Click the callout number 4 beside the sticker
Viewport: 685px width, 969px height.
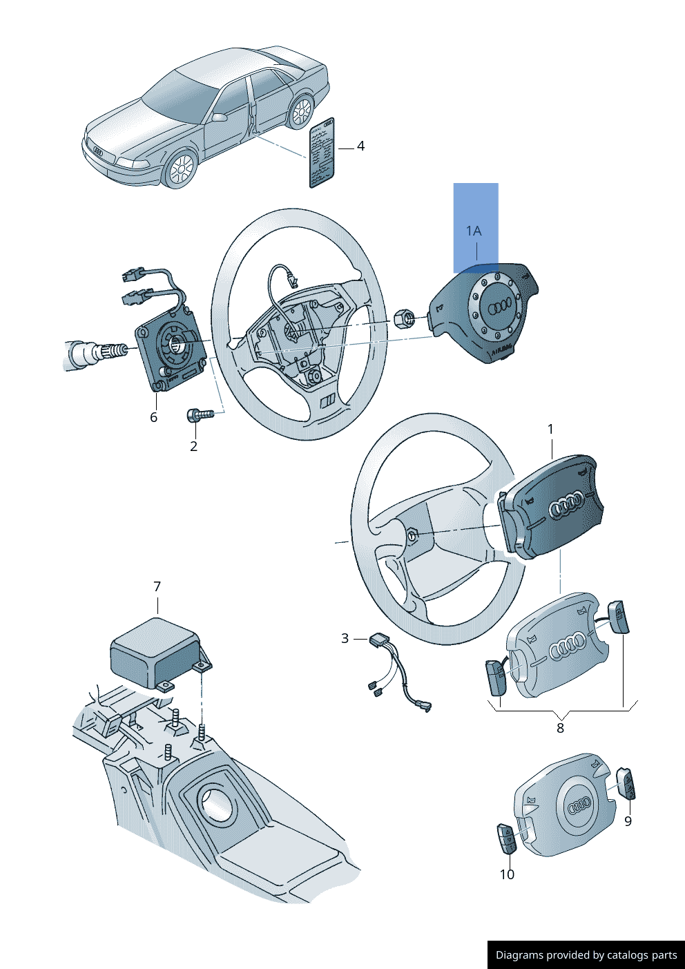[360, 146]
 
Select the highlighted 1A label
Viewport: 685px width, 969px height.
[474, 231]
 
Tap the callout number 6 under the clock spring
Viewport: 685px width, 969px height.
[153, 417]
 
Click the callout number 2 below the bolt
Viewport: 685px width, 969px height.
[193, 446]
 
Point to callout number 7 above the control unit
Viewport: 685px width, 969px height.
[157, 586]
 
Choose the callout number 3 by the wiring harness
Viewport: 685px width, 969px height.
[345, 639]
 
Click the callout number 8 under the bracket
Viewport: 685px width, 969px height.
[560, 728]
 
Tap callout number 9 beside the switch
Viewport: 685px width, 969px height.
[628, 821]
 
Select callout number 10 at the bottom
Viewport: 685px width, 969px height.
[507, 874]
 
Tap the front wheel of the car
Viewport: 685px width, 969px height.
[181, 169]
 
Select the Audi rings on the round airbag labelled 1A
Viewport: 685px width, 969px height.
[499, 306]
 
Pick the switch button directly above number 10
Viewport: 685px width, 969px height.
[505, 838]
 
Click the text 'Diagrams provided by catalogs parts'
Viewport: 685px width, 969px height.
[586, 955]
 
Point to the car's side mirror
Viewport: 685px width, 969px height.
[220, 117]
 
